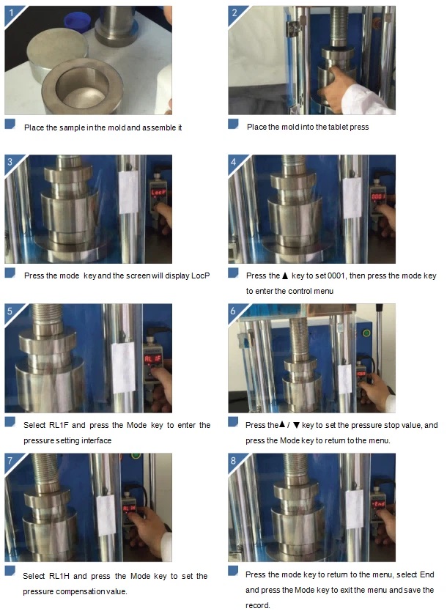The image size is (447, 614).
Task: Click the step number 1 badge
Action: (x=12, y=13)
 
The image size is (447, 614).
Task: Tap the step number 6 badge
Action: (x=234, y=311)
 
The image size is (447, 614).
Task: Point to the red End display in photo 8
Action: (x=378, y=504)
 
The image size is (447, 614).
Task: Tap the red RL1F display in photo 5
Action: (x=152, y=359)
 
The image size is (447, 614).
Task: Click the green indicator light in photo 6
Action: (x=366, y=333)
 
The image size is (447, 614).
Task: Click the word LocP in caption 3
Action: (x=200, y=275)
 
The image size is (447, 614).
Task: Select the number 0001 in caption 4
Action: (x=336, y=275)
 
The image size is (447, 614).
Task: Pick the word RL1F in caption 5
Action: (x=58, y=425)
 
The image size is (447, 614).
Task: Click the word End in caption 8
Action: (x=426, y=574)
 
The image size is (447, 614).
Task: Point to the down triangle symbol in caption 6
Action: (x=296, y=425)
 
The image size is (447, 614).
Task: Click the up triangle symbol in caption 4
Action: (x=285, y=275)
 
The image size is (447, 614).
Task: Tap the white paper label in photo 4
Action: (x=352, y=198)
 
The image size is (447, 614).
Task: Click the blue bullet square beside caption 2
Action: (x=233, y=124)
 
